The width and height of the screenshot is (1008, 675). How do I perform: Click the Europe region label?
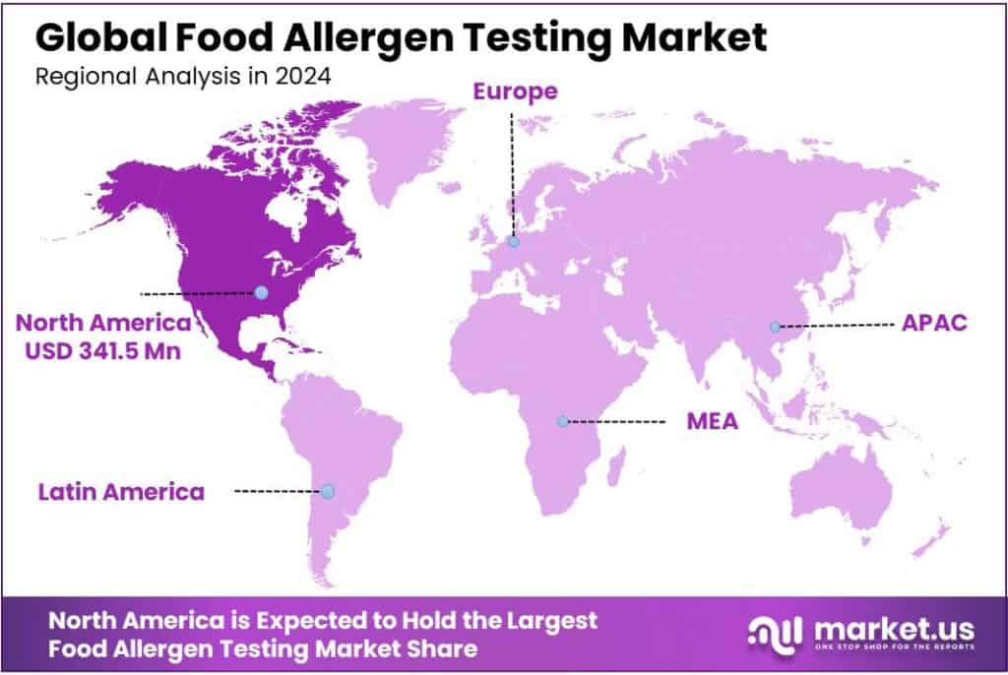[515, 92]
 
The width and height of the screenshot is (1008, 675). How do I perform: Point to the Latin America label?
[121, 491]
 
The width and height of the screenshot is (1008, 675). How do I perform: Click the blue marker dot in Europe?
[513, 241]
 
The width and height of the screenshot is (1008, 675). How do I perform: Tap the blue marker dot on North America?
[261, 292]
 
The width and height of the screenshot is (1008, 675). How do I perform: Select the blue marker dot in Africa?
[562, 421]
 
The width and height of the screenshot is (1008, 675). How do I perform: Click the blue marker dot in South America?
[328, 491]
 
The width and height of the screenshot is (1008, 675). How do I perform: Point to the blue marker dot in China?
[775, 327]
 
